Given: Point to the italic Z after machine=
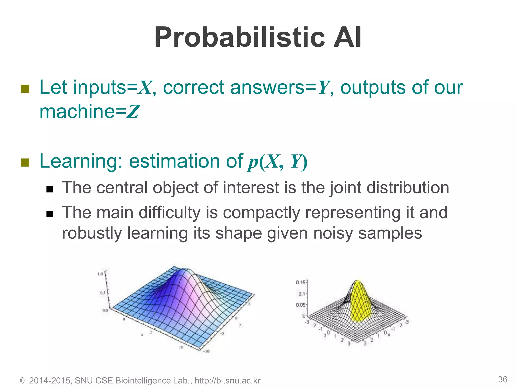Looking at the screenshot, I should point(133,112).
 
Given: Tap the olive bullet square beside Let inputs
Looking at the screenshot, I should point(25,89).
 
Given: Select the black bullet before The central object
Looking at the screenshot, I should point(50,189).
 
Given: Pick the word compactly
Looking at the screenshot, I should point(261,213).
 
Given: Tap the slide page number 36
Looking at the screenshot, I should point(502,379).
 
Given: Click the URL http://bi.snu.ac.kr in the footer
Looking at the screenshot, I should point(227,380).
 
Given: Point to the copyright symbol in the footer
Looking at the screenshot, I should point(22,381).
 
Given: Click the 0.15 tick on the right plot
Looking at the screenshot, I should point(300,282).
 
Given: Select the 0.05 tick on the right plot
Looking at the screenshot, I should point(300,305).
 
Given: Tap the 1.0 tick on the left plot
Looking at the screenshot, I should point(100,274).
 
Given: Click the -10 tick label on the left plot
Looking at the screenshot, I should point(206,351).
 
